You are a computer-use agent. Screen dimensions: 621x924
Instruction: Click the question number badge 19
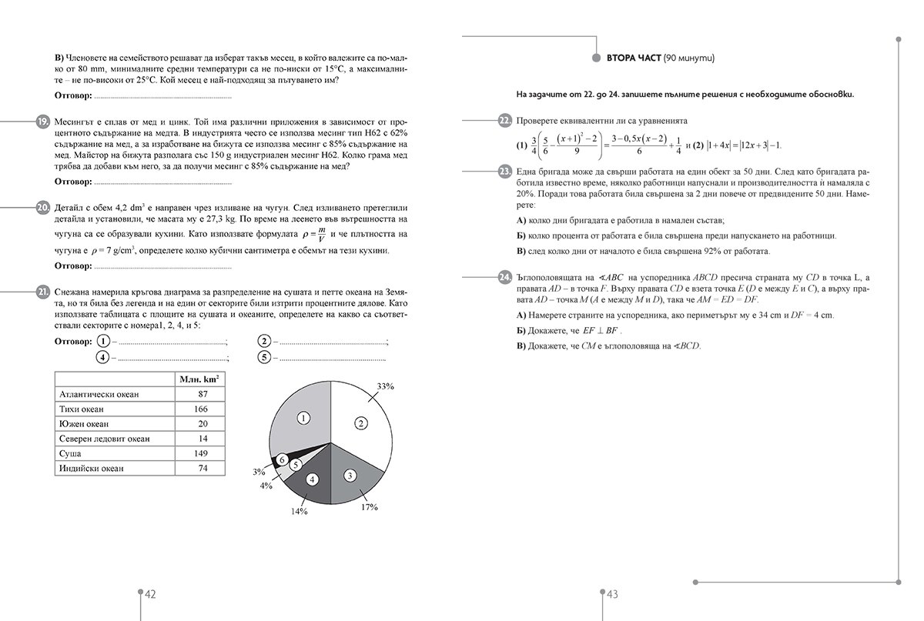(x=42, y=122)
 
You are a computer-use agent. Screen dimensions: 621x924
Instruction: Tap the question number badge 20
(x=42, y=208)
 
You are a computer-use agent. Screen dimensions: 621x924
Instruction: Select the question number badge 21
(x=42, y=292)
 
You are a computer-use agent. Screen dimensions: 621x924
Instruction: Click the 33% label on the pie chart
(x=385, y=386)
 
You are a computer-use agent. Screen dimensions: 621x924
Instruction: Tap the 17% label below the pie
(x=370, y=508)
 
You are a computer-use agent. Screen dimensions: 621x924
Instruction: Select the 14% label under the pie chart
(x=299, y=511)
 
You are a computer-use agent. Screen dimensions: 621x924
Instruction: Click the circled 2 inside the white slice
(x=360, y=421)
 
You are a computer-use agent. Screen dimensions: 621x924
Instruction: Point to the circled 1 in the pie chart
(x=303, y=418)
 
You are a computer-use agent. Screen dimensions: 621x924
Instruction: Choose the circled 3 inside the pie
(x=350, y=476)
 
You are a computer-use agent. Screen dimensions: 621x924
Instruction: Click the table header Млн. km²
(x=199, y=379)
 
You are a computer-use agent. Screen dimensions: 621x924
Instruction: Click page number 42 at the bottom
(x=151, y=594)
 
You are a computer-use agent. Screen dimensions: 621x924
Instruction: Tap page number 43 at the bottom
(x=613, y=594)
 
